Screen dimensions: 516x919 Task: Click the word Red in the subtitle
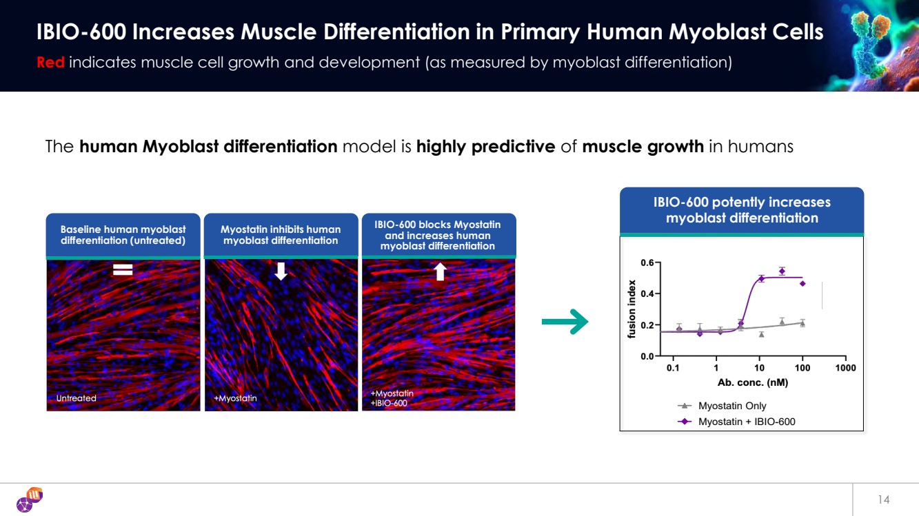pyautogui.click(x=50, y=62)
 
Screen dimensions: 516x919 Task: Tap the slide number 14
pyautogui.click(x=884, y=499)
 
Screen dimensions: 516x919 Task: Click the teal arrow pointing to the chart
pyautogui.click(x=565, y=322)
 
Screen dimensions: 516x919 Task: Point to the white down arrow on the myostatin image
pyautogui.click(x=281, y=271)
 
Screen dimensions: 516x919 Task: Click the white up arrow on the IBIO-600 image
pyautogui.click(x=440, y=271)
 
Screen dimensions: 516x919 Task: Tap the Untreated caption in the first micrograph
pyautogui.click(x=76, y=398)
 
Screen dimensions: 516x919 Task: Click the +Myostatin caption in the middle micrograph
pyautogui.click(x=235, y=398)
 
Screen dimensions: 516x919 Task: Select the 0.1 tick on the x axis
pyautogui.click(x=673, y=369)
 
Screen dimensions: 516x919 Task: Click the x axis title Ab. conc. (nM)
pyautogui.click(x=752, y=382)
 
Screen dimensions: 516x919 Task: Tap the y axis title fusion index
pyautogui.click(x=632, y=309)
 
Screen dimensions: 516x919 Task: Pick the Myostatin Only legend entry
pyautogui.click(x=731, y=406)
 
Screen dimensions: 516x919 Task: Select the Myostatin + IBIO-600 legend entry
pyautogui.click(x=746, y=422)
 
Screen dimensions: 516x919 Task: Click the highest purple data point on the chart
pyautogui.click(x=782, y=271)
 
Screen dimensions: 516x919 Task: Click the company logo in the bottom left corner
pyautogui.click(x=30, y=499)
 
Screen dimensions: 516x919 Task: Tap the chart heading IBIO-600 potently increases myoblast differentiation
pyautogui.click(x=742, y=210)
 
